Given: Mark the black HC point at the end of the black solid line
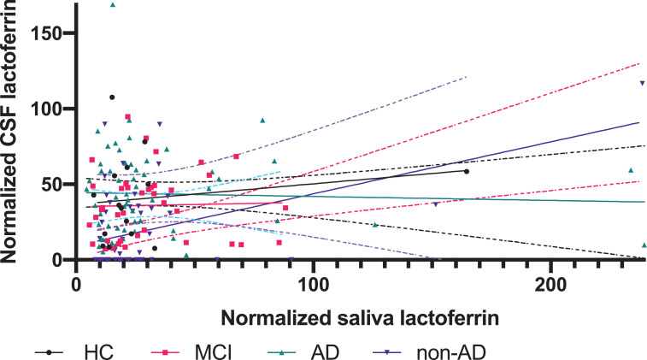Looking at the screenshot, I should [466, 171].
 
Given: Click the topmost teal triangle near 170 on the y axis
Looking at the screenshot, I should [113, 4].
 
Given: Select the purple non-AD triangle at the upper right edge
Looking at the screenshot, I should [642, 83].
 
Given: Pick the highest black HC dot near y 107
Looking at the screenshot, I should [112, 97].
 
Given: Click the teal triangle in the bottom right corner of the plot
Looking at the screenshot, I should [644, 245].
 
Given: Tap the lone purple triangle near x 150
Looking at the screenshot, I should [436, 204].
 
